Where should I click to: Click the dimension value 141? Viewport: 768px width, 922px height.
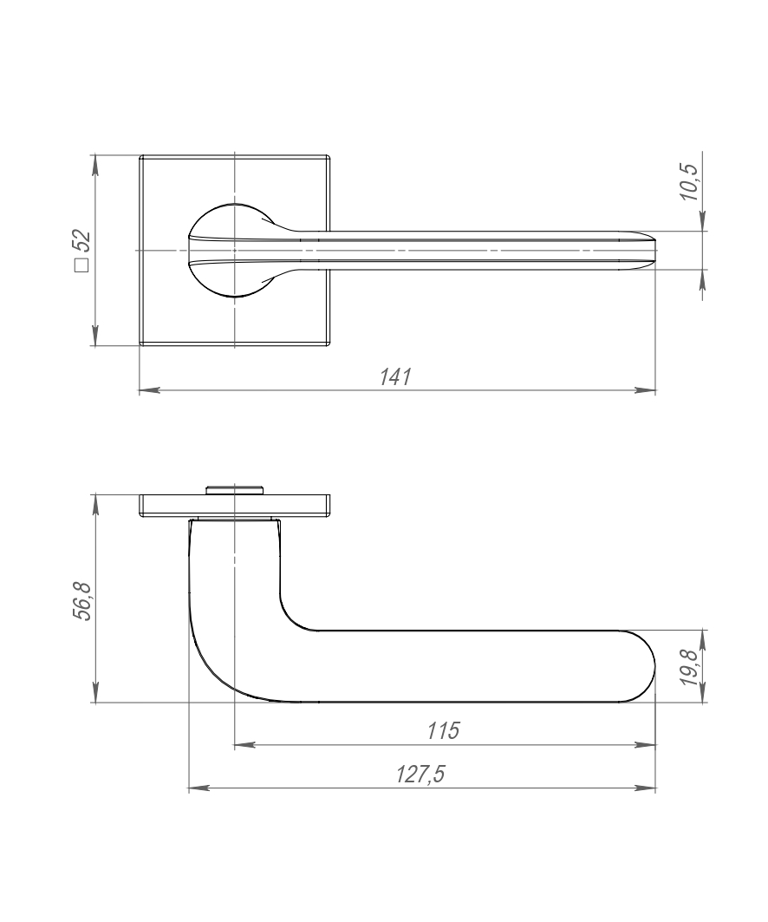pos(396,377)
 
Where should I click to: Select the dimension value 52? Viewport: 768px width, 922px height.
pos(82,242)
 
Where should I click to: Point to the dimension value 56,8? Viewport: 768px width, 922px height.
pos(82,600)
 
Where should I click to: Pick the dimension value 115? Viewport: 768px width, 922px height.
pos(444,731)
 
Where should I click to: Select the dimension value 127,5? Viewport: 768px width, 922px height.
pos(420,775)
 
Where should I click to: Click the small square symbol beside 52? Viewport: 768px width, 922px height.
pos(82,265)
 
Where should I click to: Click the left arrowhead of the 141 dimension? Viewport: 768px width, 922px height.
pos(150,389)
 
